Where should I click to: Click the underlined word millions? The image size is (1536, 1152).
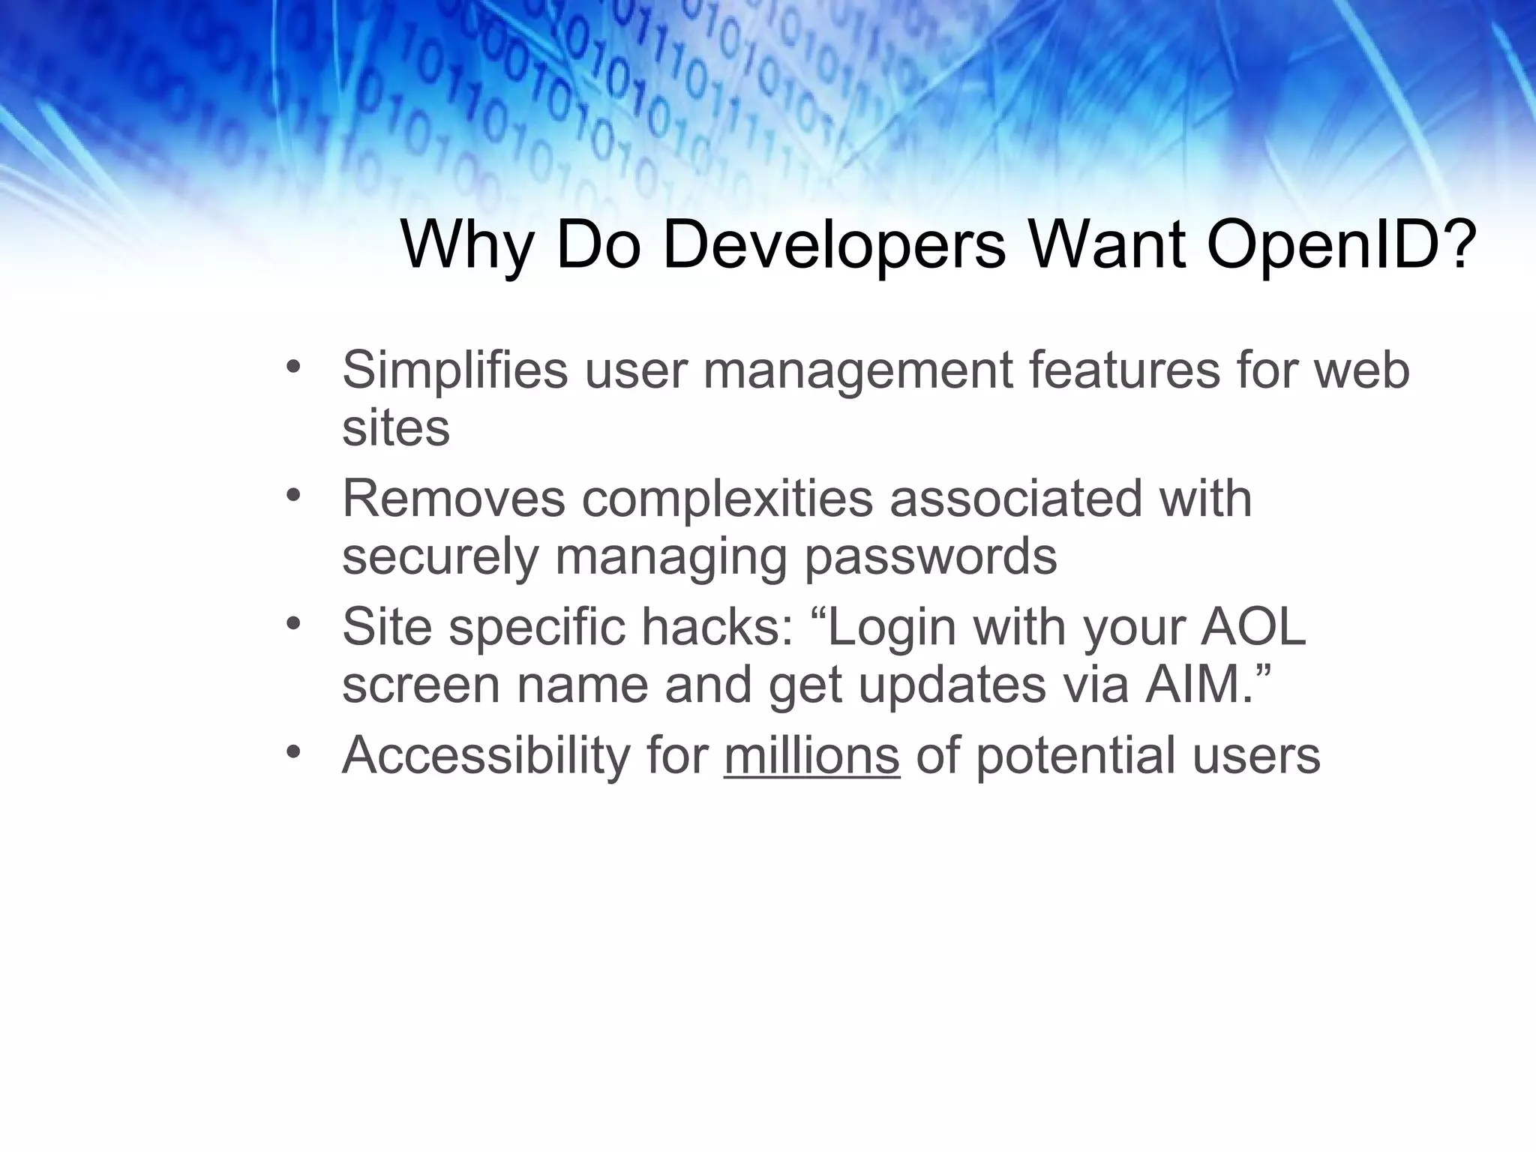pyautogui.click(x=811, y=755)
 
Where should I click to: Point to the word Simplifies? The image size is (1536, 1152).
pyautogui.click(x=455, y=370)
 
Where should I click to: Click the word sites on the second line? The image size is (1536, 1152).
pyautogui.click(x=395, y=428)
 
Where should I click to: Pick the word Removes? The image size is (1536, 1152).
pyautogui.click(x=453, y=499)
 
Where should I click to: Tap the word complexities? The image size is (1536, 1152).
pyautogui.click(x=727, y=499)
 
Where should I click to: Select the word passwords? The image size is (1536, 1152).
pyautogui.click(x=930, y=556)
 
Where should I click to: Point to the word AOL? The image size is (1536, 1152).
pyautogui.click(x=1253, y=627)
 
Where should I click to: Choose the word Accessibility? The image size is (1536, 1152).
pyautogui.click(x=487, y=755)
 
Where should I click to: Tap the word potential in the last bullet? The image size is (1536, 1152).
pyautogui.click(x=1075, y=755)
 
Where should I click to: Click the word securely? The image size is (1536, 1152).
pyautogui.click(x=440, y=556)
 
